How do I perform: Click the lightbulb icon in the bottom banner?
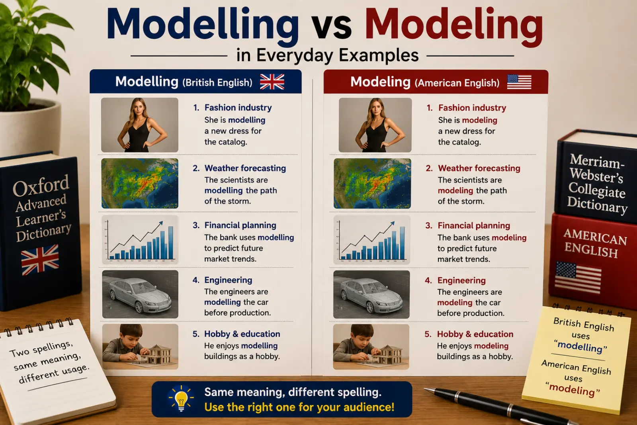pyautogui.click(x=181, y=399)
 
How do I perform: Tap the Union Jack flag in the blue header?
pyautogui.click(x=272, y=82)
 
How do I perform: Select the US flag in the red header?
pyautogui.click(x=519, y=82)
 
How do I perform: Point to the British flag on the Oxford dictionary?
pyautogui.click(x=40, y=260)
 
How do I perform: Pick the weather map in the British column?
pyautogui.click(x=140, y=184)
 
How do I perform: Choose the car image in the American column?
pyautogui.click(x=371, y=294)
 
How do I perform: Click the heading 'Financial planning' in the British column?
pyautogui.click(x=240, y=225)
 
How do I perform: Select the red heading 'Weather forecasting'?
pyautogui.click(x=479, y=168)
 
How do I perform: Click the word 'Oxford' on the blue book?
pyautogui.click(x=41, y=186)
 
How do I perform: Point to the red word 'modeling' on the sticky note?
pyautogui.click(x=572, y=389)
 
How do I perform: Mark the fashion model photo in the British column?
pyautogui.click(x=140, y=125)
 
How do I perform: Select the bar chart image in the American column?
pyautogui.click(x=372, y=240)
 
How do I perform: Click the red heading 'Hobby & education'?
pyautogui.click(x=475, y=334)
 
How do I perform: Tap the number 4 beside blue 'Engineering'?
pyautogui.click(x=195, y=280)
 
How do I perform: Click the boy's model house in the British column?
pyautogui.click(x=156, y=354)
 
